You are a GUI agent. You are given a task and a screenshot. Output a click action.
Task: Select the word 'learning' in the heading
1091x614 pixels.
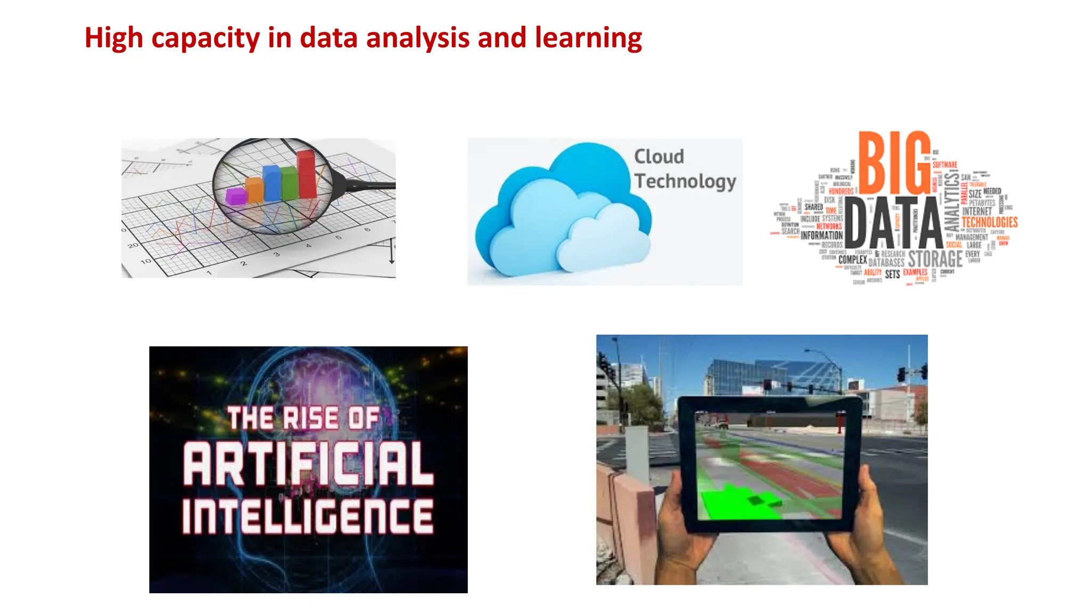click(x=588, y=38)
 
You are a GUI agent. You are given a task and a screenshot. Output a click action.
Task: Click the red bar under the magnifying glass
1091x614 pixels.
click(x=306, y=174)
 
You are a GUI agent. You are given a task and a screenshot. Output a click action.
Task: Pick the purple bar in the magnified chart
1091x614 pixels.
click(x=235, y=196)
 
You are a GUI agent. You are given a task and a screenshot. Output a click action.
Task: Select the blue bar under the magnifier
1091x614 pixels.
click(x=272, y=183)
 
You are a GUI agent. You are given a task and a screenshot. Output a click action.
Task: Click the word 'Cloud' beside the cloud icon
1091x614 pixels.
click(x=659, y=157)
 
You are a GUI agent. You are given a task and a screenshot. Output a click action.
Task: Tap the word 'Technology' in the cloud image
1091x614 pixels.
click(x=685, y=181)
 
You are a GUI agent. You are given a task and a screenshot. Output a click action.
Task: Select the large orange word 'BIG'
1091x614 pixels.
click(x=894, y=163)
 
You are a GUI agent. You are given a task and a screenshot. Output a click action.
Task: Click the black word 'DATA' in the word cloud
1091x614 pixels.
click(x=893, y=223)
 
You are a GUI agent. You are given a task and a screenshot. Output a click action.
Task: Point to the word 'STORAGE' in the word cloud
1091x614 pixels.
click(x=935, y=259)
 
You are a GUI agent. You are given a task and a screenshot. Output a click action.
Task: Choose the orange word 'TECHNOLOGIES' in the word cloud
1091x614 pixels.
click(x=990, y=222)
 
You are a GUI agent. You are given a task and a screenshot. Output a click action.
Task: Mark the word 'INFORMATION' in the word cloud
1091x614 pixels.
click(x=821, y=235)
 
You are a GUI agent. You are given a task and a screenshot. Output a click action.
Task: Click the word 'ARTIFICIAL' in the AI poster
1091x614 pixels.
click(x=308, y=464)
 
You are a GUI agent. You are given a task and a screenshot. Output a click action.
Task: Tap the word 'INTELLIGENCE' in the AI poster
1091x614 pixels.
click(x=307, y=516)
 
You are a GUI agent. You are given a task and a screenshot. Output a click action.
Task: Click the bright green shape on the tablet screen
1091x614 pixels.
click(x=735, y=503)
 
